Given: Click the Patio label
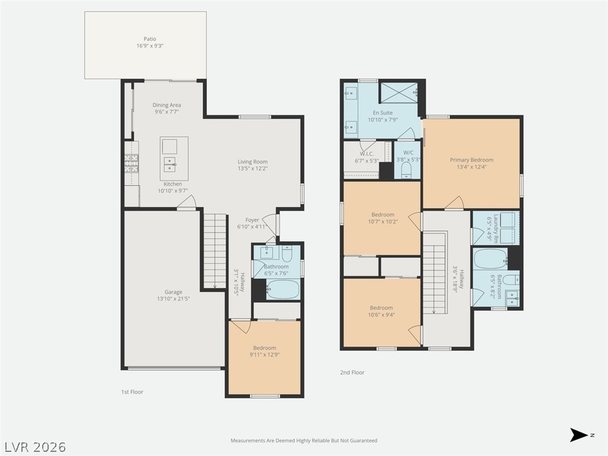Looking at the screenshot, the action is click(150, 39).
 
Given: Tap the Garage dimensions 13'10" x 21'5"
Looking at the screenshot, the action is click(173, 299).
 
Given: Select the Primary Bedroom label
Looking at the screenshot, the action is click(471, 160).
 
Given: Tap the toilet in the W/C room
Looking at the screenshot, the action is click(406, 170).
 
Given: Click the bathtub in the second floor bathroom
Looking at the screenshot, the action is click(490, 259).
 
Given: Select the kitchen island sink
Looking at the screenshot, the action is click(169, 165).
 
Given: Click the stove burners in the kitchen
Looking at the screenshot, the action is click(131, 163).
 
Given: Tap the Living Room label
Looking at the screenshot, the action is click(252, 161).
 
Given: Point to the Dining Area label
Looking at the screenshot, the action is click(166, 105).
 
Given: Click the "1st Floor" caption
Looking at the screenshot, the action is click(132, 392).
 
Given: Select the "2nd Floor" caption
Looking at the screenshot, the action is click(352, 373).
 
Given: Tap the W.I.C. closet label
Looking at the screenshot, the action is click(366, 154).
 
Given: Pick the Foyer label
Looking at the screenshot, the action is click(252, 220).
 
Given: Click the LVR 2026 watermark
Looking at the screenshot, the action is click(33, 447).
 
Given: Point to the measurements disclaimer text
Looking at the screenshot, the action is click(304, 441).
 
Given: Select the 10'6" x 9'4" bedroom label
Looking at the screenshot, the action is click(381, 315).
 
